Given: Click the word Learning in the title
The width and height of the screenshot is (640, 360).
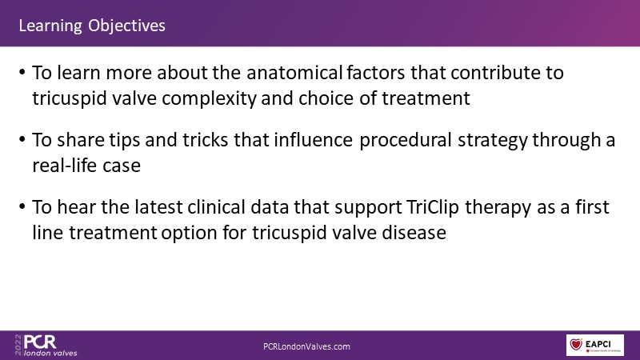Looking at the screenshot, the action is [x=50, y=26].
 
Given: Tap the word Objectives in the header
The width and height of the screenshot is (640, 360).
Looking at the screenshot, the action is [x=127, y=26].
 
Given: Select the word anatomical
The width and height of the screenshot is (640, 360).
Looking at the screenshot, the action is [x=294, y=73].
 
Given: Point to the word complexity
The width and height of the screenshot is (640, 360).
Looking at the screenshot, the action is [x=209, y=98].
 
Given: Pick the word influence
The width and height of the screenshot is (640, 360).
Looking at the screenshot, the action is [x=313, y=140].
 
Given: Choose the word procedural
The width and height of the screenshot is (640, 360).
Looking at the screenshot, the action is [x=406, y=141].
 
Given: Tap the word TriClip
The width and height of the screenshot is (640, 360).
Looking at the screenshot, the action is [x=433, y=208].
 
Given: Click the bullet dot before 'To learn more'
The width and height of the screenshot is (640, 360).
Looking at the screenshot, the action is [x=22, y=73].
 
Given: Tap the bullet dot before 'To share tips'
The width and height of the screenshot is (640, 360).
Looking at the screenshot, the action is [x=22, y=140].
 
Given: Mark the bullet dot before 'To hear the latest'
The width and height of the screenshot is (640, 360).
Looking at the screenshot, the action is [x=22, y=207].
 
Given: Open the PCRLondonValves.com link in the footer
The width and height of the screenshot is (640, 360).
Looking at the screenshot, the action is [x=306, y=346].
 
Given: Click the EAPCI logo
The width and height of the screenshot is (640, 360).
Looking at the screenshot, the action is [x=594, y=345].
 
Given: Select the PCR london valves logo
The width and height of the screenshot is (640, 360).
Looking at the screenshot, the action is [x=46, y=346].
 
